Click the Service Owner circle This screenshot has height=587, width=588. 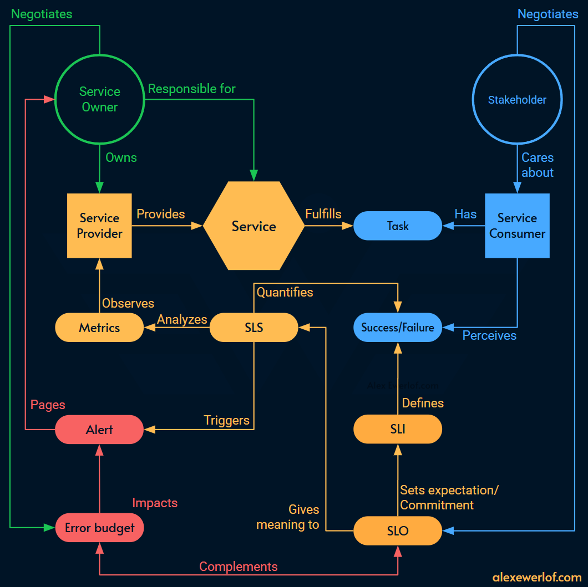[x=100, y=100]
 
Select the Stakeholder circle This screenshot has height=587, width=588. [x=517, y=100]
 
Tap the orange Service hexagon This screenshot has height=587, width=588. [x=254, y=226]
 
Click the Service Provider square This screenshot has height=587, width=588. [x=99, y=226]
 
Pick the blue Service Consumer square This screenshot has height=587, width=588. [x=517, y=226]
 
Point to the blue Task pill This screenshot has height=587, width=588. [x=398, y=226]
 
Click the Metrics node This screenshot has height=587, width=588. [x=99, y=328]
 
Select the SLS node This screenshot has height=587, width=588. [x=254, y=328]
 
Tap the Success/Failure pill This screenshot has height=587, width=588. [x=398, y=328]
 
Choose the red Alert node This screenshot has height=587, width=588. [x=99, y=430]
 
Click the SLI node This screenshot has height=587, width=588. [x=398, y=430]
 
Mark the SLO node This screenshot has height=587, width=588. [x=398, y=531]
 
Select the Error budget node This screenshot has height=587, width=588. [x=99, y=528]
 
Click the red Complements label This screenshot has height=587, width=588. [x=238, y=566]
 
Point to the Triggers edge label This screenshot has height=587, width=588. [x=226, y=420]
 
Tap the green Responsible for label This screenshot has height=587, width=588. [x=191, y=89]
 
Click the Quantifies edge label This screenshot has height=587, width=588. [x=285, y=292]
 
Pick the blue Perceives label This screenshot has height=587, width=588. [x=489, y=335]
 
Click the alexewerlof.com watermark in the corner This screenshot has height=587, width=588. [x=536, y=577]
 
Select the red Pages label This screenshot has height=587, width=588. [x=48, y=405]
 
